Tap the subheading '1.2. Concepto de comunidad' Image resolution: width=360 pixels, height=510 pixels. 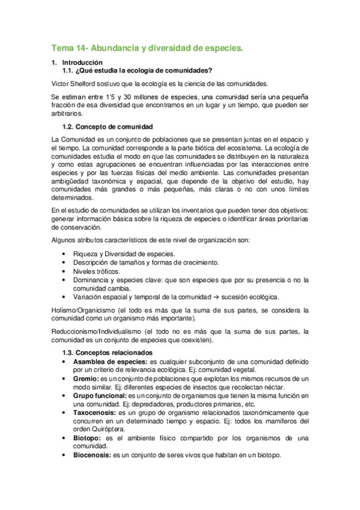108,126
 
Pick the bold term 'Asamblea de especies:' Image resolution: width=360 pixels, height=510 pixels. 110,361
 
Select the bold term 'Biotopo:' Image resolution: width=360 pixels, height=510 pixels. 88,438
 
